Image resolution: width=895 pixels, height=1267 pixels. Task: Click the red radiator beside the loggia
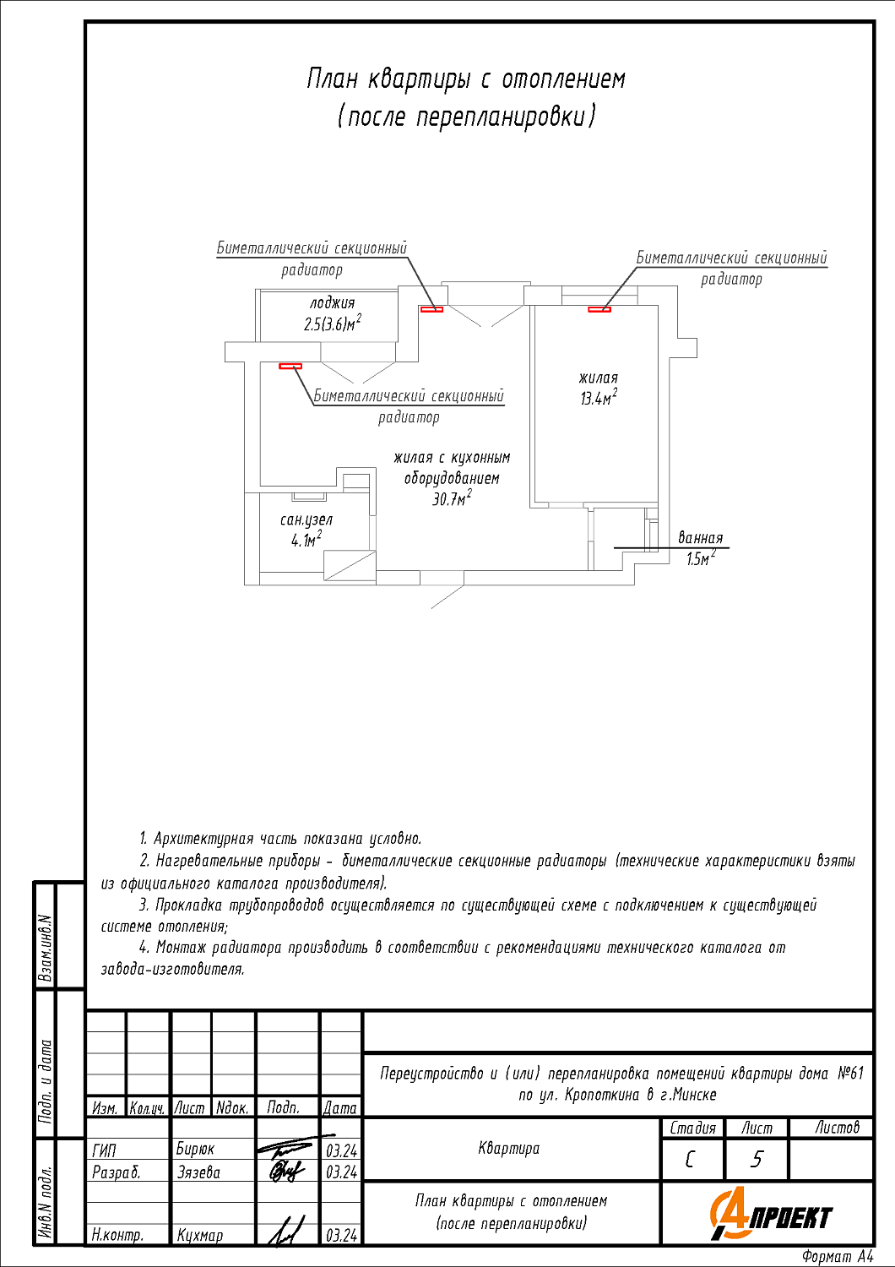point(290,367)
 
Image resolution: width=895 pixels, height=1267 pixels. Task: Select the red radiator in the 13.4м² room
point(599,309)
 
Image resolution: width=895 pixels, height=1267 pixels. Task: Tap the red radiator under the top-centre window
point(431,309)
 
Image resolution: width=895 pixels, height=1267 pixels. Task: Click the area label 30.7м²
point(452,499)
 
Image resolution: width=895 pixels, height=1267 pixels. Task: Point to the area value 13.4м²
point(598,399)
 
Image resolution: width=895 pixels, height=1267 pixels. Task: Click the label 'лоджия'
point(332,303)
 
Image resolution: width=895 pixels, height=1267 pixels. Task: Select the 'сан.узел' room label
point(306,520)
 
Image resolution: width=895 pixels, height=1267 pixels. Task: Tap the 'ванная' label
point(701,538)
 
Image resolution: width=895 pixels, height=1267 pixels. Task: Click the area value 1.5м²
point(701,559)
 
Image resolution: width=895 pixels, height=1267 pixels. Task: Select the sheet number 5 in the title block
point(757,1160)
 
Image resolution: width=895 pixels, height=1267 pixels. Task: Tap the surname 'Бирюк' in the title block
point(195,1150)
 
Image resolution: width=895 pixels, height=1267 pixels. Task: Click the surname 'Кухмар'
point(200,1235)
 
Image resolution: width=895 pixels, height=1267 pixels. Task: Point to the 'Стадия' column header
point(692,1128)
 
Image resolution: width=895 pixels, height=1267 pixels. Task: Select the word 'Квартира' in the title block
point(508,1149)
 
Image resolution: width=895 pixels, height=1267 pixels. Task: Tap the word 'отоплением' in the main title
point(563,79)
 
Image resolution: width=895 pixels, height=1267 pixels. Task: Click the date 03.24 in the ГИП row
point(341,1150)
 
